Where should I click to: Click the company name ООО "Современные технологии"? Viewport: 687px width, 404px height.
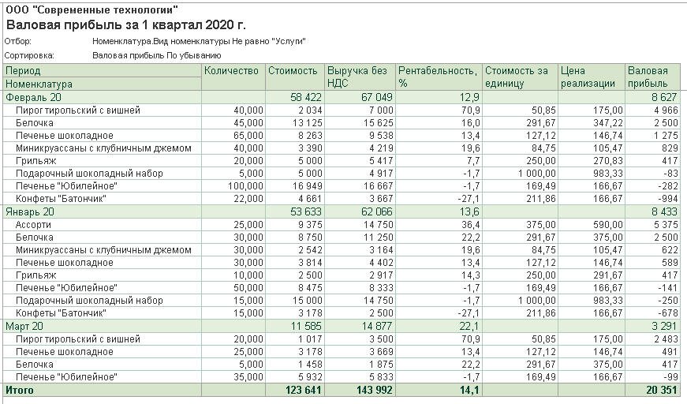click(91, 10)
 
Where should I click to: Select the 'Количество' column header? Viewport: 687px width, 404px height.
click(231, 71)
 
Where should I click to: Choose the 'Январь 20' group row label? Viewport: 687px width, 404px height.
click(30, 211)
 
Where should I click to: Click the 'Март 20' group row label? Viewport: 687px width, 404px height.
click(25, 326)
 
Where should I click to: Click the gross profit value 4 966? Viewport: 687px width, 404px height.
click(656, 110)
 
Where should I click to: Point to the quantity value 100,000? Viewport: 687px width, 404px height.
click(245, 186)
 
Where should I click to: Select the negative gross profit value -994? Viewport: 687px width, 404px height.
click(659, 199)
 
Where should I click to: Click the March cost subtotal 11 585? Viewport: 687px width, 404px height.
click(303, 326)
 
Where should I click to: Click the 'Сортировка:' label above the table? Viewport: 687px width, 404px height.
click(29, 56)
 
